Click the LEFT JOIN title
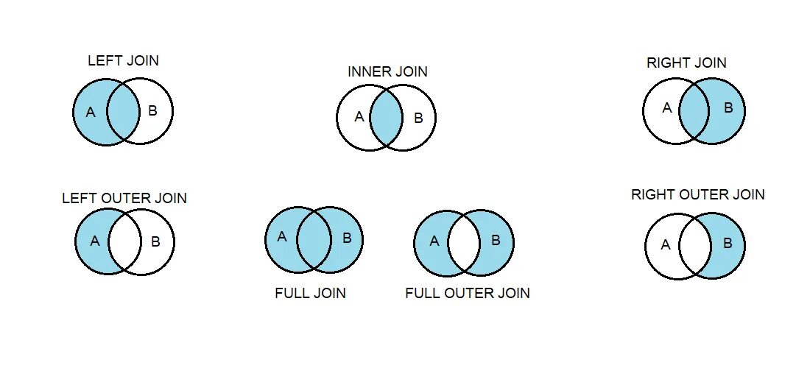click(123, 61)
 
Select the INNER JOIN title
click(387, 72)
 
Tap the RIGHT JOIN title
click(686, 63)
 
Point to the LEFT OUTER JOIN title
click(124, 199)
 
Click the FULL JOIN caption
click(310, 294)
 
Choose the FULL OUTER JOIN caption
click(468, 294)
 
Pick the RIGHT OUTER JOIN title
click(698, 195)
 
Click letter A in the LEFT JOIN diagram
click(91, 113)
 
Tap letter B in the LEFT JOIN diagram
click(152, 112)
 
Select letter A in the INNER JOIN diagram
click(359, 116)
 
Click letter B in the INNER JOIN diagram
click(418, 117)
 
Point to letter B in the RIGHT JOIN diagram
click(728, 108)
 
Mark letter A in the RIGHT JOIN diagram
click(667, 108)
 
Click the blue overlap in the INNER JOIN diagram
click(386, 118)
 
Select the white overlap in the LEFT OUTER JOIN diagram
click(124, 241)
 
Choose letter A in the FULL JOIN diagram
click(281, 237)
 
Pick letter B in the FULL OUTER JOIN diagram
click(496, 240)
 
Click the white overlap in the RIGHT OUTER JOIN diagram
click(695, 245)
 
